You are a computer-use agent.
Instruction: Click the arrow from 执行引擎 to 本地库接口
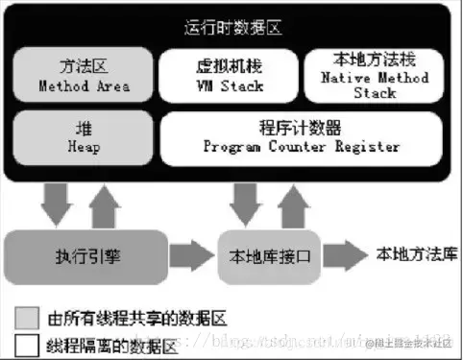[192, 256]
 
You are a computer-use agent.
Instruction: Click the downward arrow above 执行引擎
[57, 203]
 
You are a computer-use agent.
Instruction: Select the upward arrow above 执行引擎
[106, 203]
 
